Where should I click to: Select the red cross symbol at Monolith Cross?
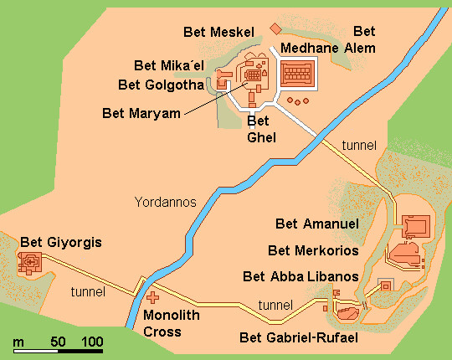[x=152, y=296]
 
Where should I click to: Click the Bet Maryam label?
[x=141, y=112]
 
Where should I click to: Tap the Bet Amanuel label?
[x=318, y=224]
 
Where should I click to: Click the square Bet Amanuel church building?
[x=416, y=226]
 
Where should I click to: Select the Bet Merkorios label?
[x=313, y=250]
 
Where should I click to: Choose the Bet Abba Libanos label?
[x=300, y=276]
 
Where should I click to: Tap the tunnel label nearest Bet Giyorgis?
[x=87, y=292]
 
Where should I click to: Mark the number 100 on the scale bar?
[x=92, y=342]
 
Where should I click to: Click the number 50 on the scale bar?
[x=58, y=342]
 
